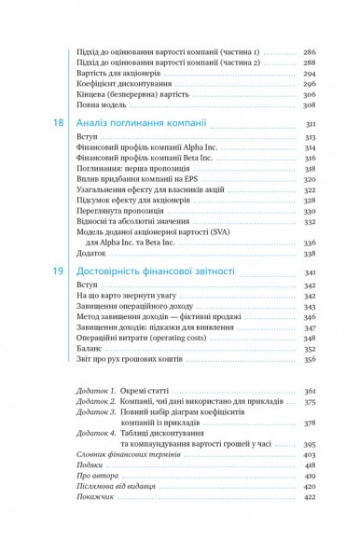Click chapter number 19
58,269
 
